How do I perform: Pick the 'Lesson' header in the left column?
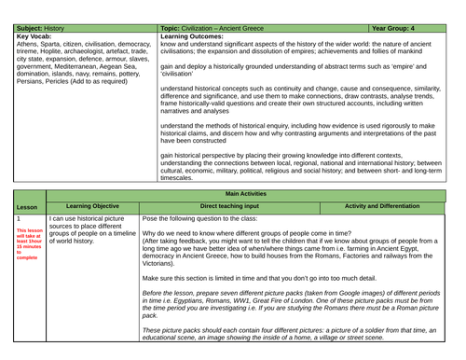(27, 206)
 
